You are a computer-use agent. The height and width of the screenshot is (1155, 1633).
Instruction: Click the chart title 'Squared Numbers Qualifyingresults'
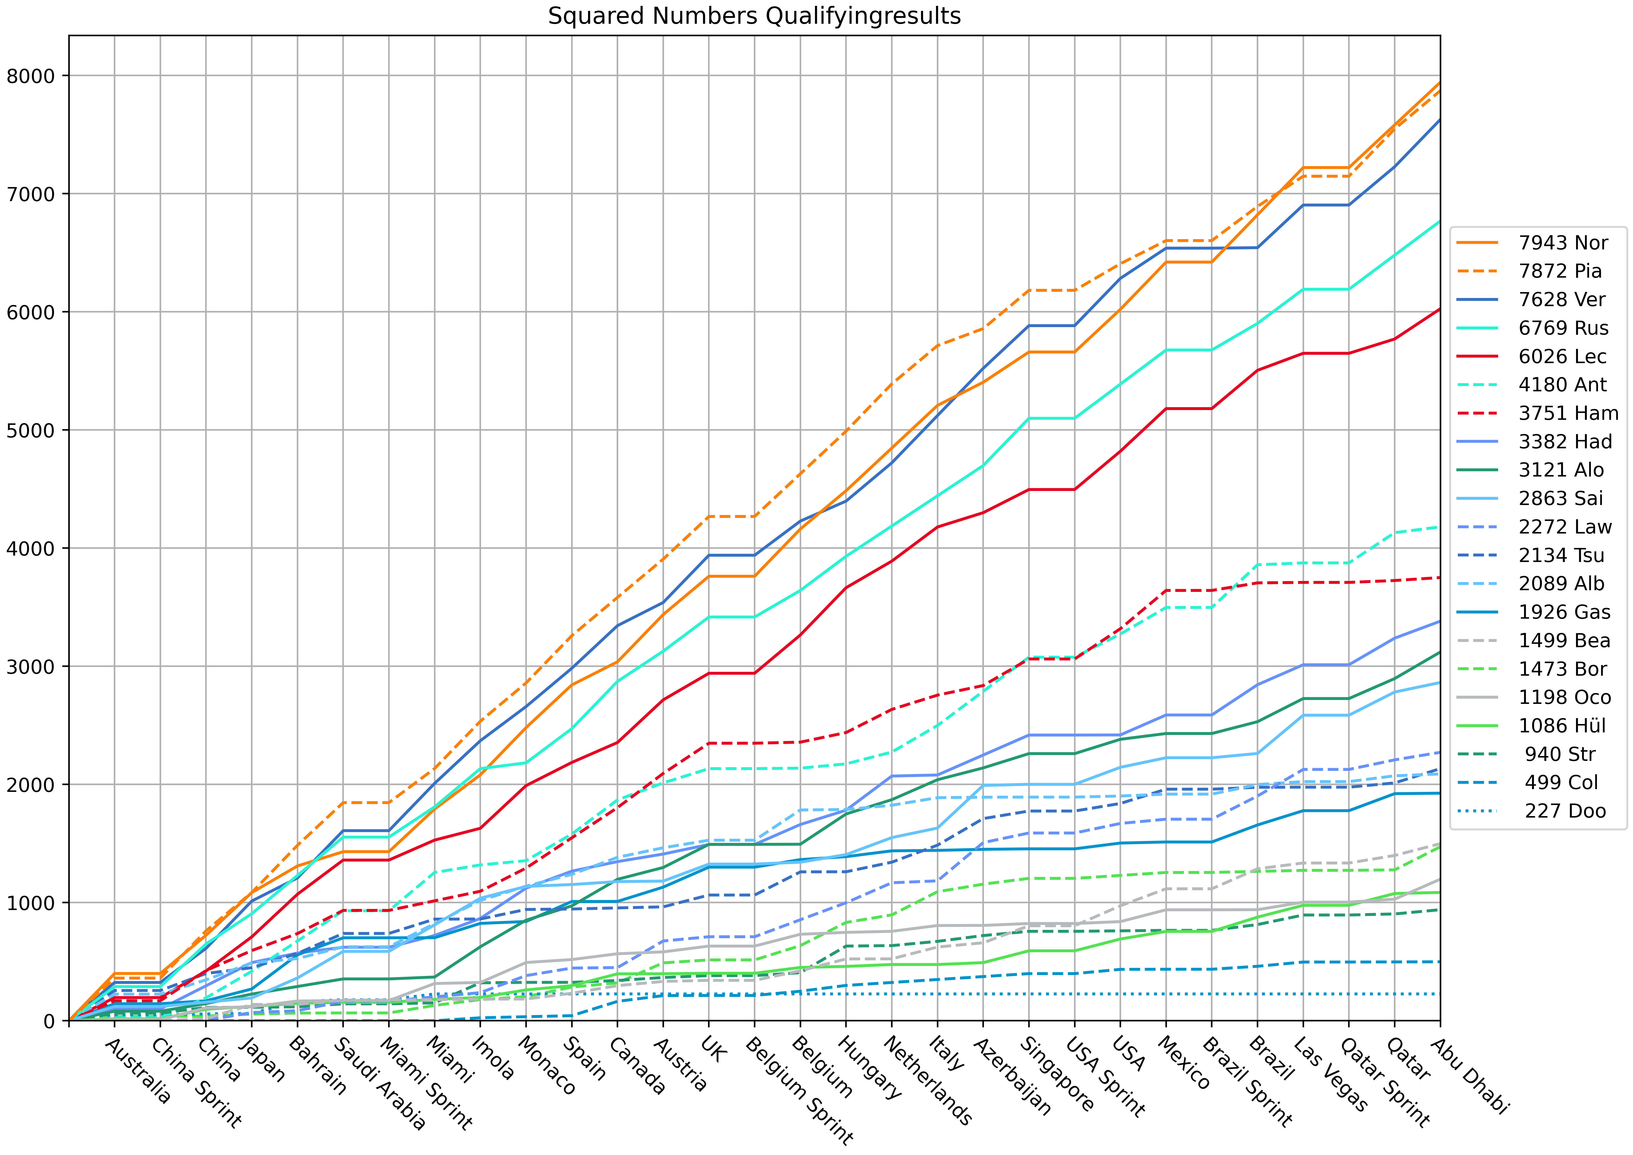click(754, 16)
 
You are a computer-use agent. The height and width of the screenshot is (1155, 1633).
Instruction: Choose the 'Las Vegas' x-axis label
click(1330, 1074)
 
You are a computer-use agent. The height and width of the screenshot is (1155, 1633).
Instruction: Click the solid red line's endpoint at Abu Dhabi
click(1440, 309)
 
